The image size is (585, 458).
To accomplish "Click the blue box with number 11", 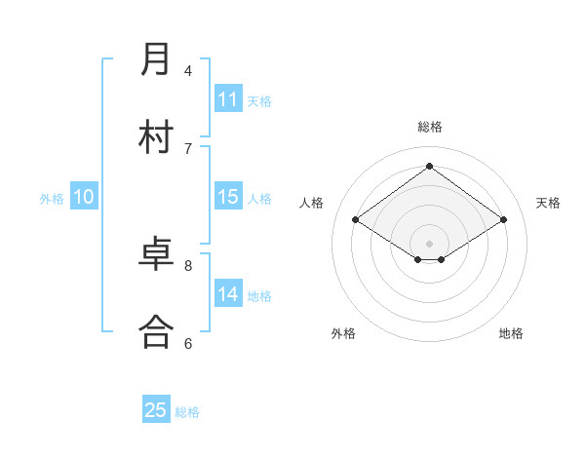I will [228, 99].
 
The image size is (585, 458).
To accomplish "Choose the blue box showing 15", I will [228, 197].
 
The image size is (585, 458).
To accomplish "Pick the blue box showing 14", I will [228, 294].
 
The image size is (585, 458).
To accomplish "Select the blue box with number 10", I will [84, 197].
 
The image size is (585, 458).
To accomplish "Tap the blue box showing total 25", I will [156, 410].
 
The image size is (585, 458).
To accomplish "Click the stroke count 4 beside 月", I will [188, 70].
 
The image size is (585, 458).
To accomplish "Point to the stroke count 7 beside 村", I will [188, 148].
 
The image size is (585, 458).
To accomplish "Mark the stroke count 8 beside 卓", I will [188, 264].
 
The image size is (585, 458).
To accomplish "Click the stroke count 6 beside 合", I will [188, 342].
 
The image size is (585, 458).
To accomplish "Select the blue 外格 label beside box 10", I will [52, 199].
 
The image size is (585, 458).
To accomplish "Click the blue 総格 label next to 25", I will [187, 412].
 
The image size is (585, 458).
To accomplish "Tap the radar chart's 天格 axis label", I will [548, 203].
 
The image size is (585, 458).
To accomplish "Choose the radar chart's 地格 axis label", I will [511, 333].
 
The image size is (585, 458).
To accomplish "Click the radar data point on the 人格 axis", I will [356, 220].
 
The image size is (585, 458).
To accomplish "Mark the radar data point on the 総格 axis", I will [429, 166].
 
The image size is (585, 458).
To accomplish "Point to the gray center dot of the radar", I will [429, 242].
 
